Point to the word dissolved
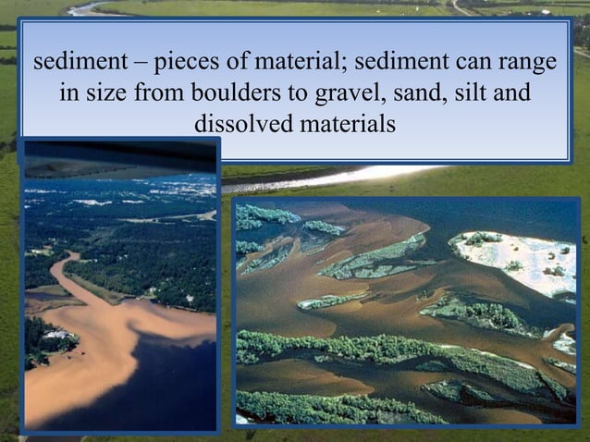(240, 123)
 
